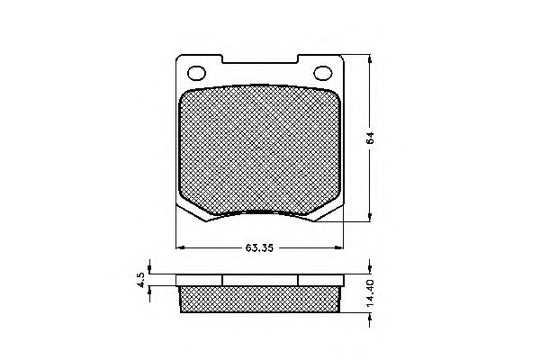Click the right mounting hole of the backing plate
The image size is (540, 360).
[x=320, y=74]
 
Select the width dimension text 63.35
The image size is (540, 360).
[x=258, y=248]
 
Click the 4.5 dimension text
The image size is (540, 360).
[x=140, y=279]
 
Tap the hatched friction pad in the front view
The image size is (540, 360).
[x=259, y=148]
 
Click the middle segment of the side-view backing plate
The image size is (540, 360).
[x=259, y=280]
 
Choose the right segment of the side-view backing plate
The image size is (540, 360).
[x=319, y=280]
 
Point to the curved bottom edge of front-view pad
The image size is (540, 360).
[x=259, y=213]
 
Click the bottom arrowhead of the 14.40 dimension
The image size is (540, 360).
[x=369, y=313]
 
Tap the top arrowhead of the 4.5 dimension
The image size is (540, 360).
[x=150, y=272]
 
